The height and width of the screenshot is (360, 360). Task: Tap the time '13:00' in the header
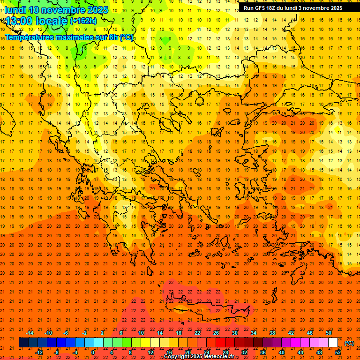(19, 21)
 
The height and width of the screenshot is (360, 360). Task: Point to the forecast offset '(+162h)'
(83, 21)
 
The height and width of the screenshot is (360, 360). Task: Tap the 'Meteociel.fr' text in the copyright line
(218, 357)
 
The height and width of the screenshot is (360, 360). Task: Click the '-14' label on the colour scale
(30, 333)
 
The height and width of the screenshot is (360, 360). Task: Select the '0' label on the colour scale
(92, 352)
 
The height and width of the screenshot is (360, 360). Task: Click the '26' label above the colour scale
(216, 333)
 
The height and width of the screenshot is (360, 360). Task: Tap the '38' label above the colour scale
(272, 333)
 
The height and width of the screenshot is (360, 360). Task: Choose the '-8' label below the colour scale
(57, 352)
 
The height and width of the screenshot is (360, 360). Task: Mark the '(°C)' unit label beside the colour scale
(349, 343)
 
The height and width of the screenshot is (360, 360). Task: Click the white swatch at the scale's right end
(333, 343)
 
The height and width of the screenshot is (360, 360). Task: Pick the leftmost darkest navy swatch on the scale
(23, 343)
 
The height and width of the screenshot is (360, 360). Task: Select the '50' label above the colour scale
(329, 333)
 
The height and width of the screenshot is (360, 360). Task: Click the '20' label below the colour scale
(187, 352)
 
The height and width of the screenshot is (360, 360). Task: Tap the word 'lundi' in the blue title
(15, 10)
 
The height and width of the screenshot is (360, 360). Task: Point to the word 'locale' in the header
(52, 21)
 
